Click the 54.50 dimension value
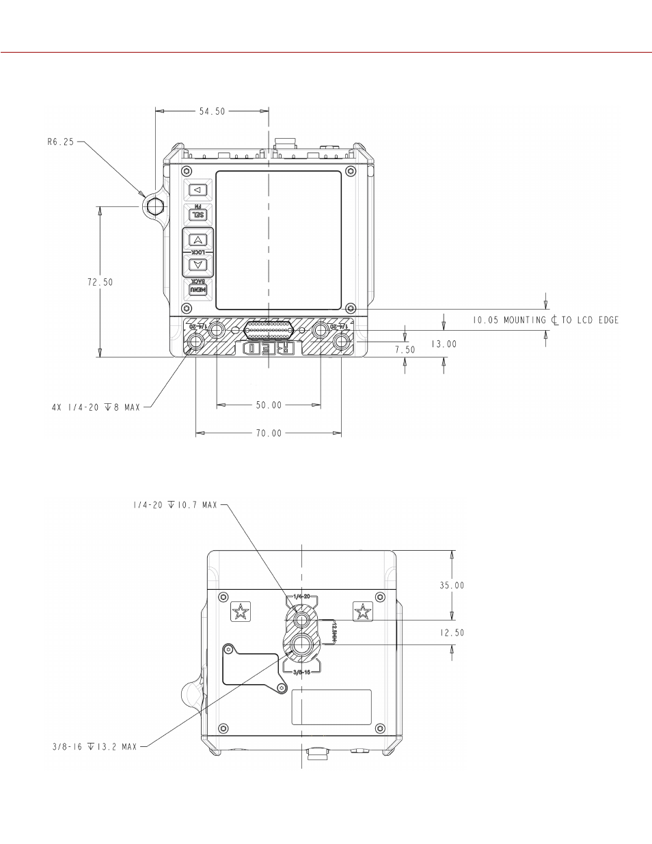(212, 111)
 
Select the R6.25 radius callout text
(61, 143)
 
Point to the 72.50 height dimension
(99, 282)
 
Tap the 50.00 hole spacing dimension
(269, 405)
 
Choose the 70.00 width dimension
(269, 433)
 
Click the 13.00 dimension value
(444, 344)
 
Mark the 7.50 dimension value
(404, 349)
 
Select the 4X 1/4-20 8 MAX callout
(96, 407)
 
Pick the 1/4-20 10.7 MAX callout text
(174, 505)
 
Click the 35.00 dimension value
(451, 585)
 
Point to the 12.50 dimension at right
(451, 632)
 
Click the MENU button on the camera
(198, 291)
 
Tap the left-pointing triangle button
(198, 190)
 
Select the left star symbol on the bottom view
(241, 612)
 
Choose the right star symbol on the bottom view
(362, 612)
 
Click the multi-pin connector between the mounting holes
(269, 332)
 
